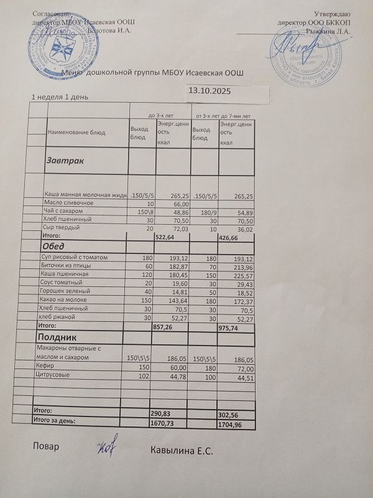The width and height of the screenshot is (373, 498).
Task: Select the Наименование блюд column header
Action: [x=76, y=132]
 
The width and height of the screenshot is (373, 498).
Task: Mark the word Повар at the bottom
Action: [x=44, y=448]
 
